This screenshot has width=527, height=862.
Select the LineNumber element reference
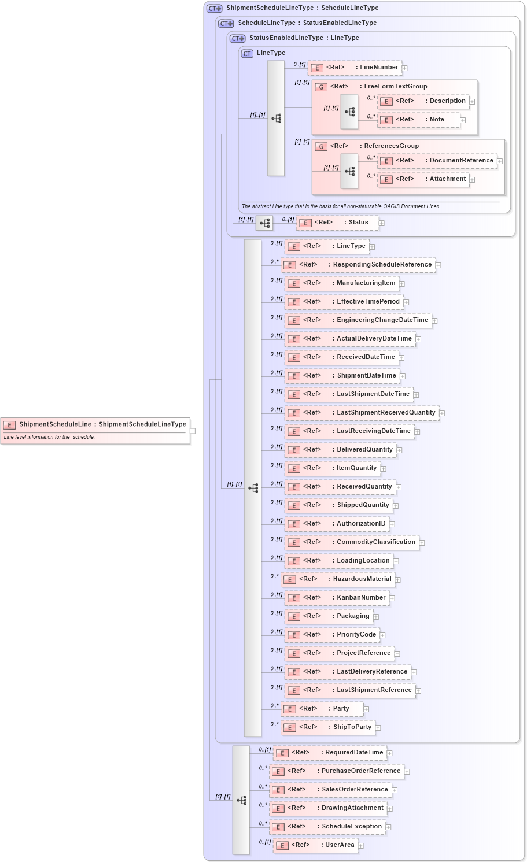pyautogui.click(x=355, y=68)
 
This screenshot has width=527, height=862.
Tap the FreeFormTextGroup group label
pyautogui.click(x=395, y=87)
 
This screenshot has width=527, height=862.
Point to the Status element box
pyautogui.click(x=337, y=223)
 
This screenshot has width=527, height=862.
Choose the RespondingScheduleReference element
pyautogui.click(x=358, y=265)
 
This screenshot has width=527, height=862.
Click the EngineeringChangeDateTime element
pyautogui.click(x=358, y=320)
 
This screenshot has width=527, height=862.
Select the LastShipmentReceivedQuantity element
pyautogui.click(x=362, y=413)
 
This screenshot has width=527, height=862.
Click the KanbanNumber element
pyautogui.click(x=337, y=598)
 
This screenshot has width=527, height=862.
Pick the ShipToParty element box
pyautogui.click(x=328, y=727)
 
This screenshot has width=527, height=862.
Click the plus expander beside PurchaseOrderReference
pyautogui.click(x=407, y=772)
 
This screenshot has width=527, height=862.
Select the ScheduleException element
pyautogui.click(x=327, y=827)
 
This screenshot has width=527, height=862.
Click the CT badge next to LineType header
pyautogui.click(x=247, y=53)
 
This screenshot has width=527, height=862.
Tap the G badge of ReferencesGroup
pyautogui.click(x=321, y=147)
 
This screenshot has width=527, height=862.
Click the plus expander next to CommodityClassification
pyautogui.click(x=422, y=543)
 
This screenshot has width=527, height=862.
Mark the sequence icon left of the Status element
pyautogui.click(x=264, y=223)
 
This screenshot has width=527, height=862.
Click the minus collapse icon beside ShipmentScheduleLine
pyautogui.click(x=193, y=431)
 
